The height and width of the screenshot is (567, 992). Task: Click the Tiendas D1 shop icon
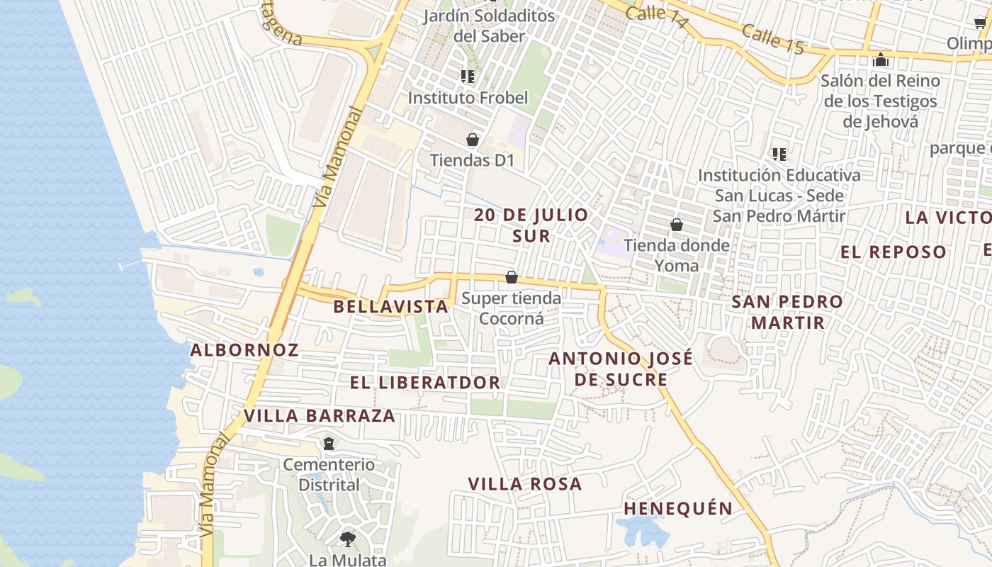pyautogui.click(x=473, y=140)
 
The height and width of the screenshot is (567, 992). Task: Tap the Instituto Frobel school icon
pyautogui.click(x=467, y=77)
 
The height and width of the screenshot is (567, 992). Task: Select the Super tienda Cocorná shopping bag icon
pyautogui.click(x=512, y=277)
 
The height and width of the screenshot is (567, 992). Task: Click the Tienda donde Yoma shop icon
pyautogui.click(x=677, y=225)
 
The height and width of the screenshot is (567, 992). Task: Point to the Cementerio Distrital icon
pyautogui.click(x=329, y=444)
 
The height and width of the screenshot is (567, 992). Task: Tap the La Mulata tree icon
pyautogui.click(x=347, y=539)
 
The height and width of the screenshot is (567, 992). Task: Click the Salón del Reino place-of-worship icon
pyautogui.click(x=880, y=60)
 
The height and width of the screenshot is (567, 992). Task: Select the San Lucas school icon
pyautogui.click(x=779, y=154)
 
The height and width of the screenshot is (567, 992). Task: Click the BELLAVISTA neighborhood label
pyautogui.click(x=391, y=306)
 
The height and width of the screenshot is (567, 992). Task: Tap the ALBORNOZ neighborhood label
pyautogui.click(x=244, y=349)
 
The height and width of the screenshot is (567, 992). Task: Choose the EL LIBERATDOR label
pyautogui.click(x=425, y=383)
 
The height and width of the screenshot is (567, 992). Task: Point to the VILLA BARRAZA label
pyautogui.click(x=320, y=415)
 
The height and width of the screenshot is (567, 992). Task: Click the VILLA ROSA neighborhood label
pyautogui.click(x=525, y=484)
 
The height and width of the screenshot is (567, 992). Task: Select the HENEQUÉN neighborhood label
pyautogui.click(x=678, y=508)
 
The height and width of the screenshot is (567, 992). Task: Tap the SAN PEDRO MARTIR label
pyautogui.click(x=787, y=312)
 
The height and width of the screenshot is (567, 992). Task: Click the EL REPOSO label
pyautogui.click(x=894, y=252)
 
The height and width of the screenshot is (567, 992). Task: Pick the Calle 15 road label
pyautogui.click(x=774, y=38)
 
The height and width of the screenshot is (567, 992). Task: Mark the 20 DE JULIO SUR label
pyautogui.click(x=531, y=225)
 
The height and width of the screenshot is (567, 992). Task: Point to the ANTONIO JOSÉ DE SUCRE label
pyautogui.click(x=621, y=369)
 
